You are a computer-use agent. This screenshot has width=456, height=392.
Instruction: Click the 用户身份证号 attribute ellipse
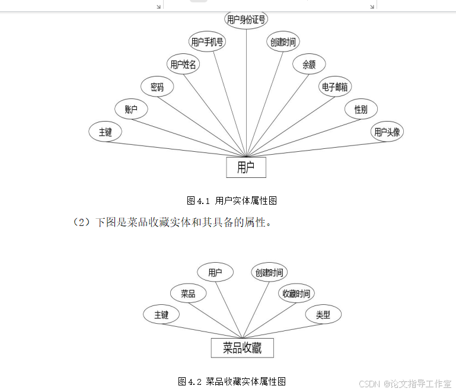[x=246, y=20]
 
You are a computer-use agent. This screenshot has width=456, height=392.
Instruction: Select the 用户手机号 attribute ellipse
[x=207, y=42]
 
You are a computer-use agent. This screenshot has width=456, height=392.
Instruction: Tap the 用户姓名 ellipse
[x=183, y=65]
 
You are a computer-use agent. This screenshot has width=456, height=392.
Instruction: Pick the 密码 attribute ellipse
[x=157, y=87]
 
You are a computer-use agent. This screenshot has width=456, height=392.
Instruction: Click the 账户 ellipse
[x=131, y=109]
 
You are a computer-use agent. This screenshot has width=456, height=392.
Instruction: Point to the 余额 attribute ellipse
[x=309, y=65]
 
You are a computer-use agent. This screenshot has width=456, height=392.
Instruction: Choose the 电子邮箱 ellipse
[x=335, y=87]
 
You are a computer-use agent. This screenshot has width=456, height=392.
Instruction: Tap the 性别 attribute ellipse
[x=361, y=109]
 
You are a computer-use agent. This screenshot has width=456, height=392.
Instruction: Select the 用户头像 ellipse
[x=387, y=132]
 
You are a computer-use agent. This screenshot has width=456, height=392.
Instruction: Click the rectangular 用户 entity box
[x=246, y=167]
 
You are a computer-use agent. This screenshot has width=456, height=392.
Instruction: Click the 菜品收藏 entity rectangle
[x=242, y=348]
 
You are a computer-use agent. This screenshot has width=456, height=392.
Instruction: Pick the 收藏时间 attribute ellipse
[x=296, y=294]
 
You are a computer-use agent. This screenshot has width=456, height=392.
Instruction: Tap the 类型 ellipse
[x=323, y=315]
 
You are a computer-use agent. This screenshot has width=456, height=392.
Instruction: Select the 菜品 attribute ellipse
[x=188, y=294]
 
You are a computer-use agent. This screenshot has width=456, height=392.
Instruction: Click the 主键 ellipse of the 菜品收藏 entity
[x=161, y=315]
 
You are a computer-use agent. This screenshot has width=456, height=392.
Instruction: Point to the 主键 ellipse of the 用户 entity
[x=105, y=132]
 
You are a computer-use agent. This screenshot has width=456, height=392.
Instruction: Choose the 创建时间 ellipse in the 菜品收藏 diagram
[x=269, y=273]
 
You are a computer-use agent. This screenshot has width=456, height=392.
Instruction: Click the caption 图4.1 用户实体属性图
[x=232, y=201]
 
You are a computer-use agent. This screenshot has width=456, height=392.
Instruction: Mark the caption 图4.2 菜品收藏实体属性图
[x=232, y=381]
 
